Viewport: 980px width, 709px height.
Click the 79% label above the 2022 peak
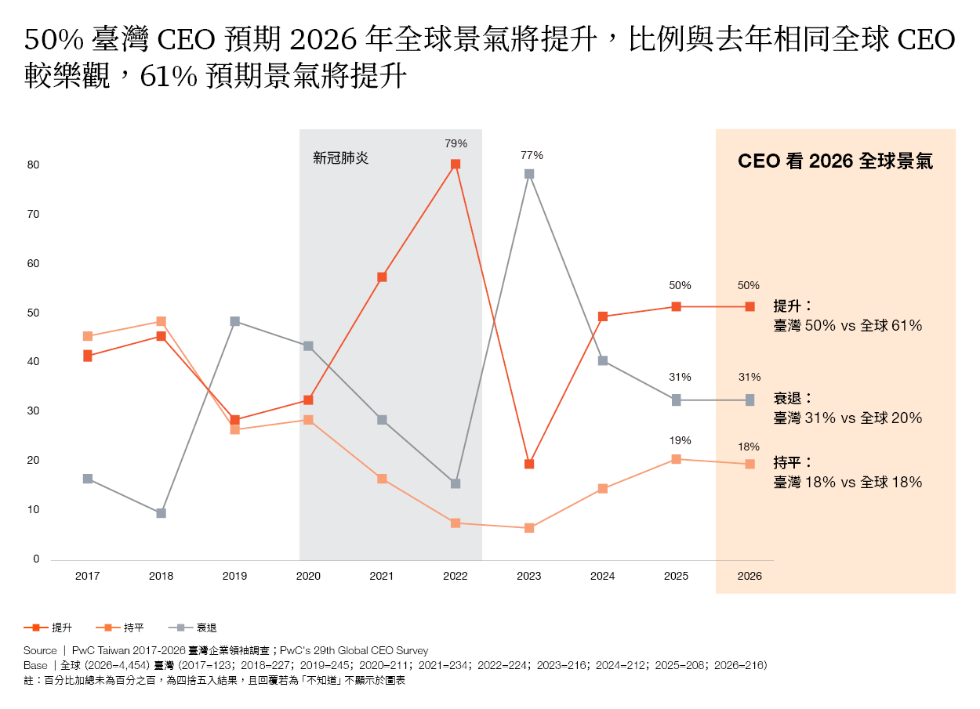click(x=456, y=143)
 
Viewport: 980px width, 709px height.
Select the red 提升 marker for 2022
click(x=456, y=165)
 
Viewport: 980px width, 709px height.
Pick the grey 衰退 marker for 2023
click(x=529, y=174)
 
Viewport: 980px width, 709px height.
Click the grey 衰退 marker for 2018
click(x=161, y=513)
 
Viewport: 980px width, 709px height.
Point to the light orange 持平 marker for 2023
click(x=529, y=528)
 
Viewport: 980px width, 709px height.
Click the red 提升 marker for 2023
click(x=529, y=464)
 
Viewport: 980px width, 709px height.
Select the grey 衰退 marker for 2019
click(x=234, y=321)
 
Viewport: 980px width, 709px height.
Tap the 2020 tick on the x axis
click(x=308, y=576)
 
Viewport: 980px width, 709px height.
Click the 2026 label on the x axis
click(x=750, y=576)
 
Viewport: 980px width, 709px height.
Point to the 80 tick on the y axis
click(x=34, y=165)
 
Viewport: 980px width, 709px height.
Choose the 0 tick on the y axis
click(x=36, y=559)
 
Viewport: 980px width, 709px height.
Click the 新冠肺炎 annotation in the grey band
click(x=340, y=158)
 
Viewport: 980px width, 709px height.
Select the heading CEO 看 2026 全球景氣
click(x=835, y=162)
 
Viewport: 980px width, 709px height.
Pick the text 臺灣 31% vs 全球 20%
click(x=848, y=418)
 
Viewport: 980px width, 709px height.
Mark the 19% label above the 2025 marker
click(x=680, y=440)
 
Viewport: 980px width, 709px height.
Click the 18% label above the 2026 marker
click(x=749, y=447)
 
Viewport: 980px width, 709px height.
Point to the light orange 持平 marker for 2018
click(x=161, y=321)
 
